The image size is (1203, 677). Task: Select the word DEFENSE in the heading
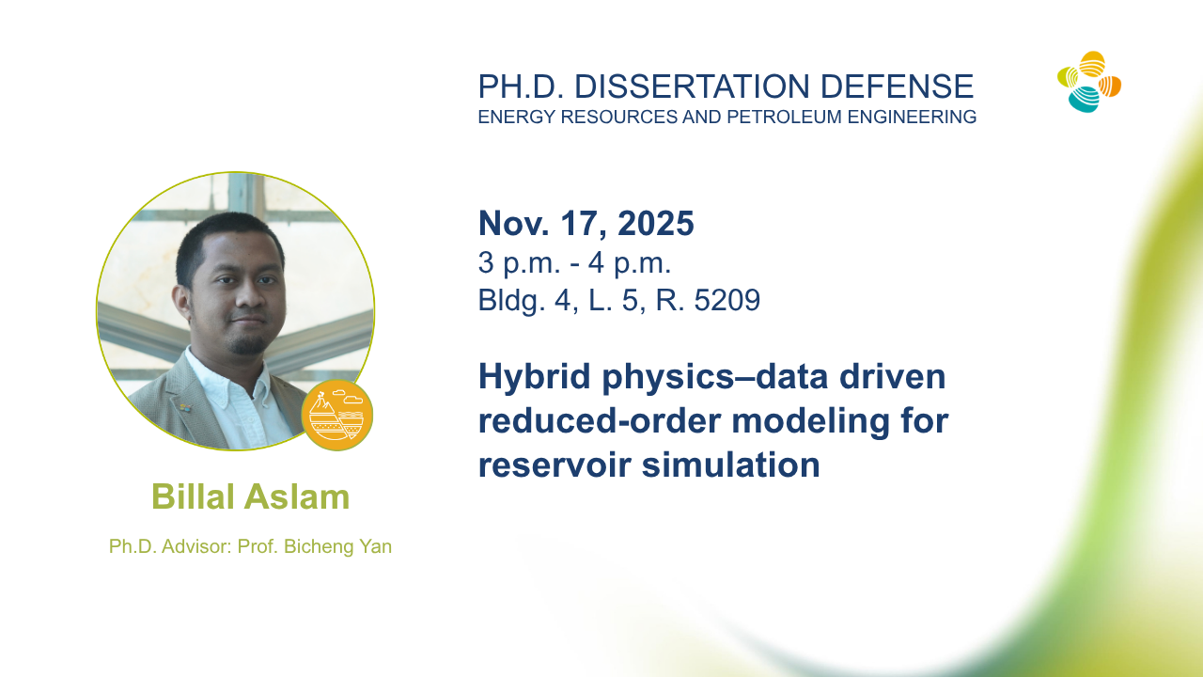point(897,87)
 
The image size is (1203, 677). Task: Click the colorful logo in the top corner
point(1089,82)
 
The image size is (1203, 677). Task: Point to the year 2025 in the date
point(656,223)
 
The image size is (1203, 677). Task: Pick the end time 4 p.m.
point(630,264)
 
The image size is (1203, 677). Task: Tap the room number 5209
point(727,300)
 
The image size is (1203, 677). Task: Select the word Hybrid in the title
point(535,378)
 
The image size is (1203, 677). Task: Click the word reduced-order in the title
point(600,420)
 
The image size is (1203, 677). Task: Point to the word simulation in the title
point(731,464)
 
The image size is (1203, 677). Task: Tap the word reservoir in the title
point(555,465)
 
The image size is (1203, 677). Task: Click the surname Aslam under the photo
point(296,496)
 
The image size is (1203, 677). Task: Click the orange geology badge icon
point(336,415)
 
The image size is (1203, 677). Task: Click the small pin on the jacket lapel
point(186,408)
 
